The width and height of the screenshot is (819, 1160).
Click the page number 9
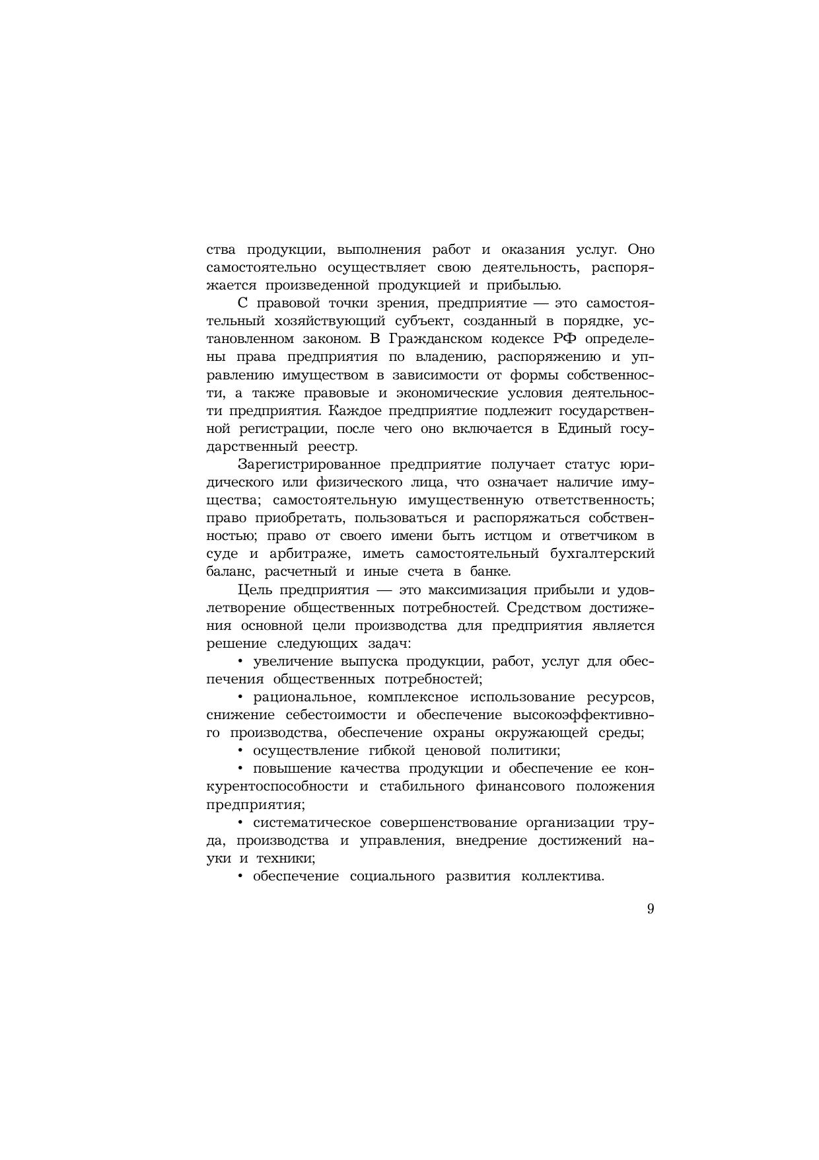[x=651, y=908]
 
